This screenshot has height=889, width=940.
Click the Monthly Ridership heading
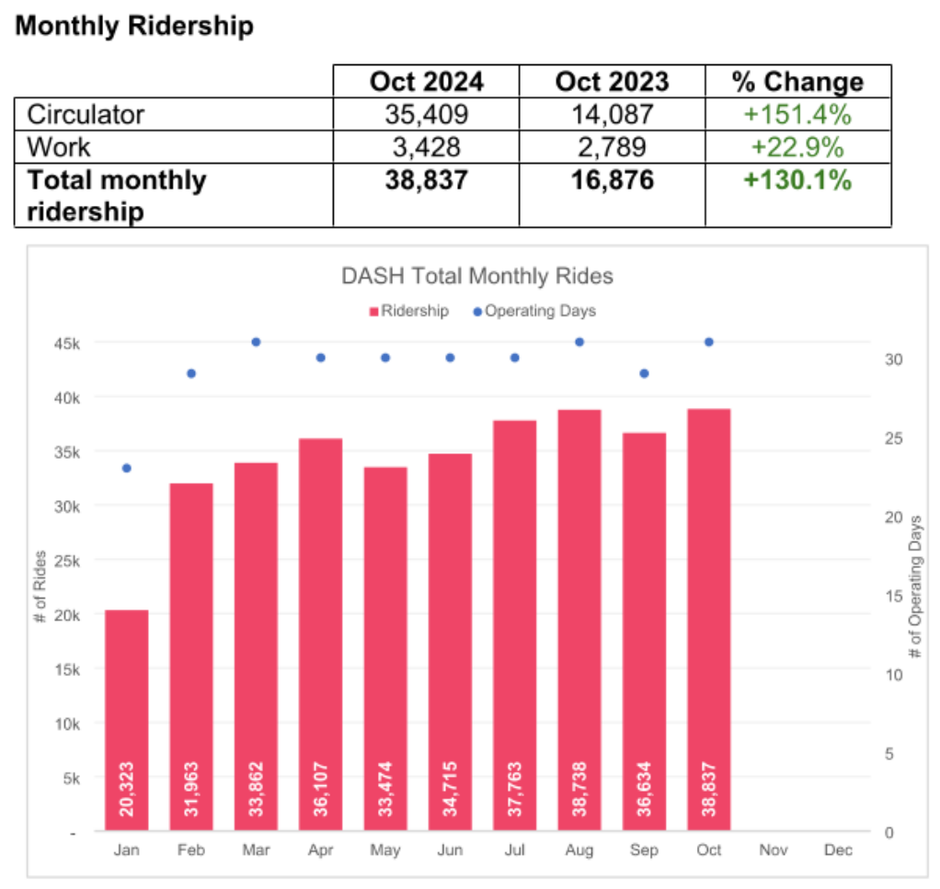coord(134,26)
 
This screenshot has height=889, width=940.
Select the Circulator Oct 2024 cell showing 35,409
coord(426,115)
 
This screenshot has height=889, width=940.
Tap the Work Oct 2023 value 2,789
coord(612,147)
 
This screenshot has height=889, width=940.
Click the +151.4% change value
coord(797,115)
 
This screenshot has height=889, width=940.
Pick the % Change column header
coord(797,82)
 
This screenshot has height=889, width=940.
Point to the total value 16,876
coord(612,180)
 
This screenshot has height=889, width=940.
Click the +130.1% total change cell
coord(797,180)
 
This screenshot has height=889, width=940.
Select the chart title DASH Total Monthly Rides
coord(476,275)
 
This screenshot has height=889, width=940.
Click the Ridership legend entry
coord(409,311)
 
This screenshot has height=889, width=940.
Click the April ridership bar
coord(320,634)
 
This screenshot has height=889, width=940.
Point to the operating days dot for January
coord(127,468)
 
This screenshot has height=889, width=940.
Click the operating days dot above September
coord(644,373)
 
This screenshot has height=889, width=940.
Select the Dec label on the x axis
coord(838,850)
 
